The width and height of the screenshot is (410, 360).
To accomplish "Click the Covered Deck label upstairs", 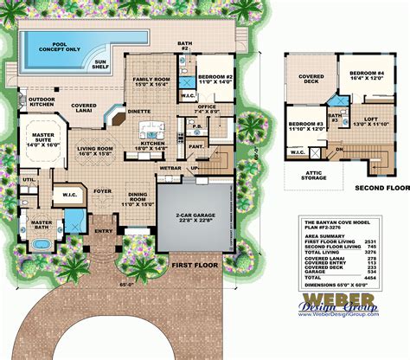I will click(x=309, y=79).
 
